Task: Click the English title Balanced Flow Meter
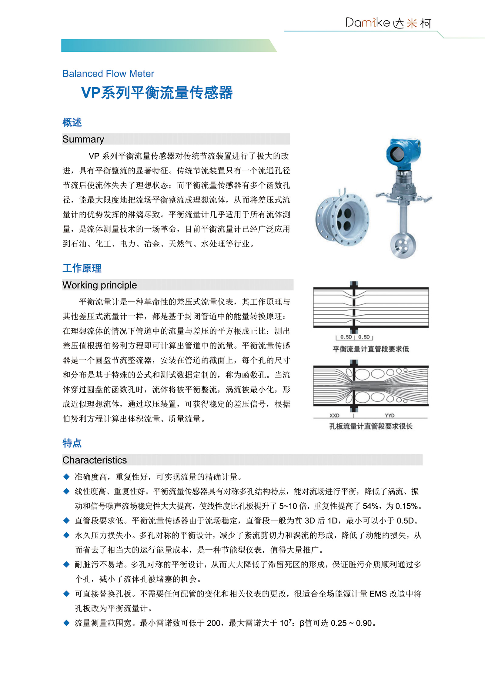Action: (x=108, y=74)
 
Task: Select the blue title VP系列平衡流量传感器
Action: (x=157, y=92)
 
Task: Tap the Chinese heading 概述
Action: (x=72, y=122)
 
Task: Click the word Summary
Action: (x=83, y=139)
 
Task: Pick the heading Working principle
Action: (x=99, y=285)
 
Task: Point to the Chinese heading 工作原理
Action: (x=82, y=268)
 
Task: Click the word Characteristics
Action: (x=95, y=460)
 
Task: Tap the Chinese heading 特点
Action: (x=72, y=443)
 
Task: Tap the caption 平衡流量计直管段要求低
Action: (x=371, y=349)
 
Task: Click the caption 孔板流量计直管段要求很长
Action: (x=371, y=426)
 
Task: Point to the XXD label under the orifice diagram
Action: (x=334, y=415)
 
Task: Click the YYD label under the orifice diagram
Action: (x=390, y=415)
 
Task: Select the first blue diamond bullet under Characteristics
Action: (x=66, y=477)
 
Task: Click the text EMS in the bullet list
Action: (x=378, y=594)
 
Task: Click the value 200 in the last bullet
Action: (x=213, y=623)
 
